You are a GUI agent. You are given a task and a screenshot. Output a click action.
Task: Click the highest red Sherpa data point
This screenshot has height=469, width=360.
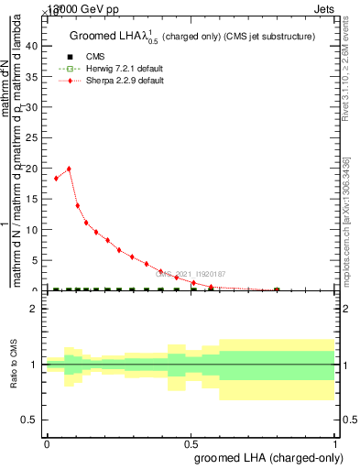pyautogui.click(x=69, y=169)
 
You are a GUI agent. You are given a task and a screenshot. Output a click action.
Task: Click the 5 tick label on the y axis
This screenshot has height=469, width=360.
pyautogui.click(x=38, y=260)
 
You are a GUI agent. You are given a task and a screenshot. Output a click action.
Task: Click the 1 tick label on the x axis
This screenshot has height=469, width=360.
pyautogui.click(x=336, y=442)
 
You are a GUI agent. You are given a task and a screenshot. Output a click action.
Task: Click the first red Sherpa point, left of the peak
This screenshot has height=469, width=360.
pyautogui.click(x=56, y=178)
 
